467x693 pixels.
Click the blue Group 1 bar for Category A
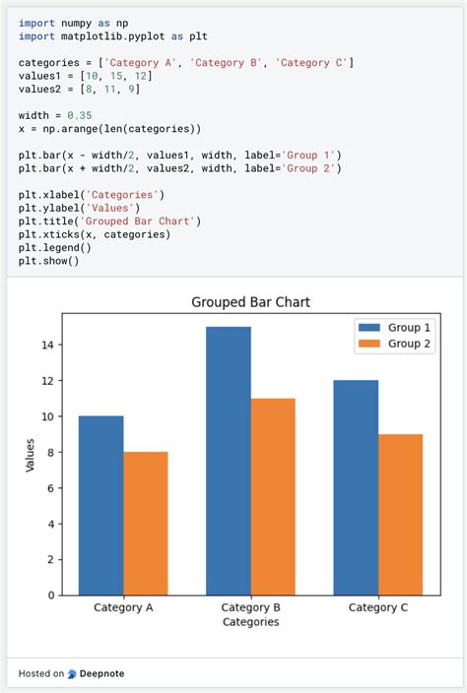100,505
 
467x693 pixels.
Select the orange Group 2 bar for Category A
146,523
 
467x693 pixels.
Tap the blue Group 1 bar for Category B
229,461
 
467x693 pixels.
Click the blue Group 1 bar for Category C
356,487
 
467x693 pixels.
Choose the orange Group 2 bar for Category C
400,514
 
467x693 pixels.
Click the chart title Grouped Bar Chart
250,302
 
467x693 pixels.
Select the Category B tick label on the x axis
250,607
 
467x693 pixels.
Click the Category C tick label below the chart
378,607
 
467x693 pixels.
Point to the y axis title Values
30,454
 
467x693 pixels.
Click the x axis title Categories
250,622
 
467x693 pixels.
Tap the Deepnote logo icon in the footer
72,674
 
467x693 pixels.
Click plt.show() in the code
48,261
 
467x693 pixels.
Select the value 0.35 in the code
79,114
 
